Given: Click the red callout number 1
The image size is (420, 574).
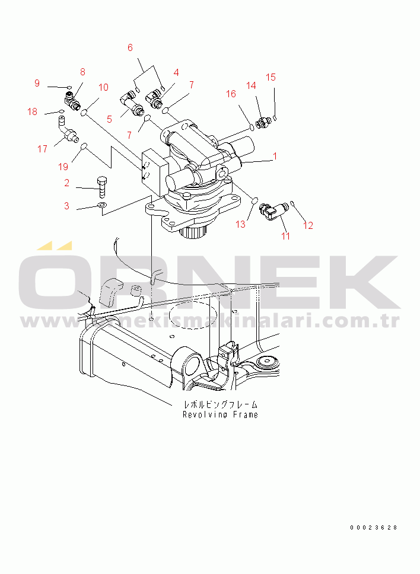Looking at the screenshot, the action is [275, 156].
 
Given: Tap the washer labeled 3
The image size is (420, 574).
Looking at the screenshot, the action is [101, 205].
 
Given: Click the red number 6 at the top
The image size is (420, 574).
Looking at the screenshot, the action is [130, 47].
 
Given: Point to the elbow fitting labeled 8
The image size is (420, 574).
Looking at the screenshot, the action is [71, 100].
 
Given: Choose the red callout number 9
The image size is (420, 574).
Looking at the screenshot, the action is [37, 83].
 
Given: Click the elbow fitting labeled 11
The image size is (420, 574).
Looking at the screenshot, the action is [273, 212].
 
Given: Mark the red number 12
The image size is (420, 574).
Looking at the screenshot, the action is [308, 225].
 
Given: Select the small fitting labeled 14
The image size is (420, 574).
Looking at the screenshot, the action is [263, 123].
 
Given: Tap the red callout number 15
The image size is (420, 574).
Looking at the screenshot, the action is [271, 77].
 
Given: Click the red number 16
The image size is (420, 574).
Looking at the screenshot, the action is [231, 94].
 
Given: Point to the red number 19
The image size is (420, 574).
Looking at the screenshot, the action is [63, 167].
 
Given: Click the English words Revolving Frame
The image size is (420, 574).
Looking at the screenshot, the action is [221, 414].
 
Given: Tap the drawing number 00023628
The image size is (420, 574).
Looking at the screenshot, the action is [374, 528].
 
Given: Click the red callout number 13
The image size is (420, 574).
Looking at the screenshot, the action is [241, 224].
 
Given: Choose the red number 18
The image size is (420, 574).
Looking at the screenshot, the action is [33, 111].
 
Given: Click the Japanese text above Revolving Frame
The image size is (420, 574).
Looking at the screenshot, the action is [221, 404].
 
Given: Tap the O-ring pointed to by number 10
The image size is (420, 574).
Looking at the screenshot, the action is [84, 112].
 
